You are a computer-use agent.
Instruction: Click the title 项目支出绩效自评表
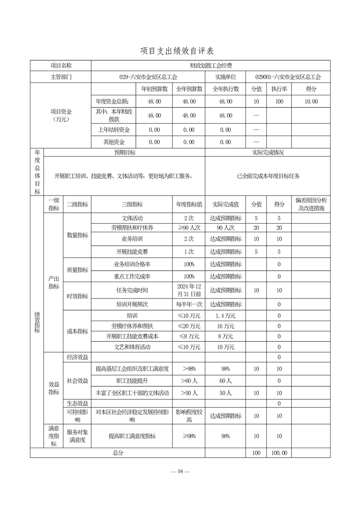tap(180, 50)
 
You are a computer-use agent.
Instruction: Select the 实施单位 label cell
tap(225, 78)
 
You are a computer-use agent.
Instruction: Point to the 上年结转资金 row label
tap(113, 130)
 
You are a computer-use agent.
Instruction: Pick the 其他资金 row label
tap(113, 142)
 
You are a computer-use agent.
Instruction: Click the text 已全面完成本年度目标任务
tap(268, 176)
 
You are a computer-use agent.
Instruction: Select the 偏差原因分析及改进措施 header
tap(311, 205)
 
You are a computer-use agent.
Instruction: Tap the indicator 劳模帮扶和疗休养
tap(132, 228)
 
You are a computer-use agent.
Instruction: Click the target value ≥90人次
tap(189, 228)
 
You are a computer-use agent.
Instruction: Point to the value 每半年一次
tap(189, 304)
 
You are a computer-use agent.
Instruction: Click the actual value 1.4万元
tap(226, 315)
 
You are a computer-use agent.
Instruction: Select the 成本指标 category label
tap(78, 331)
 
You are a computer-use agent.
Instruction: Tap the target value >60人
tap(189, 381)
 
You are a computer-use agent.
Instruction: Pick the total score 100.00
tap(279, 453)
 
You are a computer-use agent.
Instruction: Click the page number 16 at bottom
tap(180, 472)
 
